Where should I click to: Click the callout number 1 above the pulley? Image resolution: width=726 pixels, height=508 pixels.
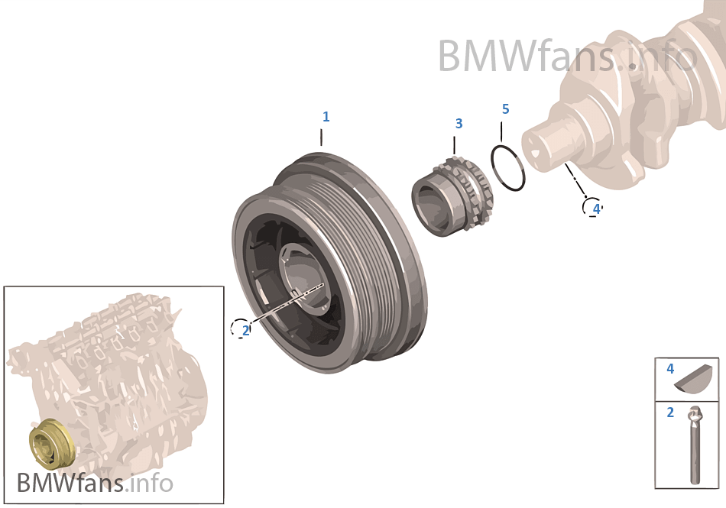[x=326, y=117]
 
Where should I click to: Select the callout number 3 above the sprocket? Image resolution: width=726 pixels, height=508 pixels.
[x=459, y=123]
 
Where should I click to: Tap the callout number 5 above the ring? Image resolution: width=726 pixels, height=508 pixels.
[x=505, y=109]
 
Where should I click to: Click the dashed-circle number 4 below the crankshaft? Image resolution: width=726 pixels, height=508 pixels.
[x=595, y=208]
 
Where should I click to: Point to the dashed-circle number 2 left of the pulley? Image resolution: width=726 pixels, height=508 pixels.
[x=245, y=330]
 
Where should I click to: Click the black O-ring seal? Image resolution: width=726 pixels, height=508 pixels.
[x=507, y=167]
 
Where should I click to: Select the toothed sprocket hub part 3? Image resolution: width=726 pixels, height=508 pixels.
[x=452, y=199]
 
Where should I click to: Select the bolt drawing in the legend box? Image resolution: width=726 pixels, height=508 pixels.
[x=695, y=447]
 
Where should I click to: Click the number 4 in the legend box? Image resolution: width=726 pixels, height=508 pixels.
[x=670, y=369]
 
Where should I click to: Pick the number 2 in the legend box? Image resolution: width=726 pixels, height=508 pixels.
[x=670, y=413]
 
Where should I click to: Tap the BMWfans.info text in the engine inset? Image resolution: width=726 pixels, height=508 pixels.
[x=95, y=483]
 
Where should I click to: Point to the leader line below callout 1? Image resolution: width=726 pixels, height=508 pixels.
[x=322, y=138]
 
